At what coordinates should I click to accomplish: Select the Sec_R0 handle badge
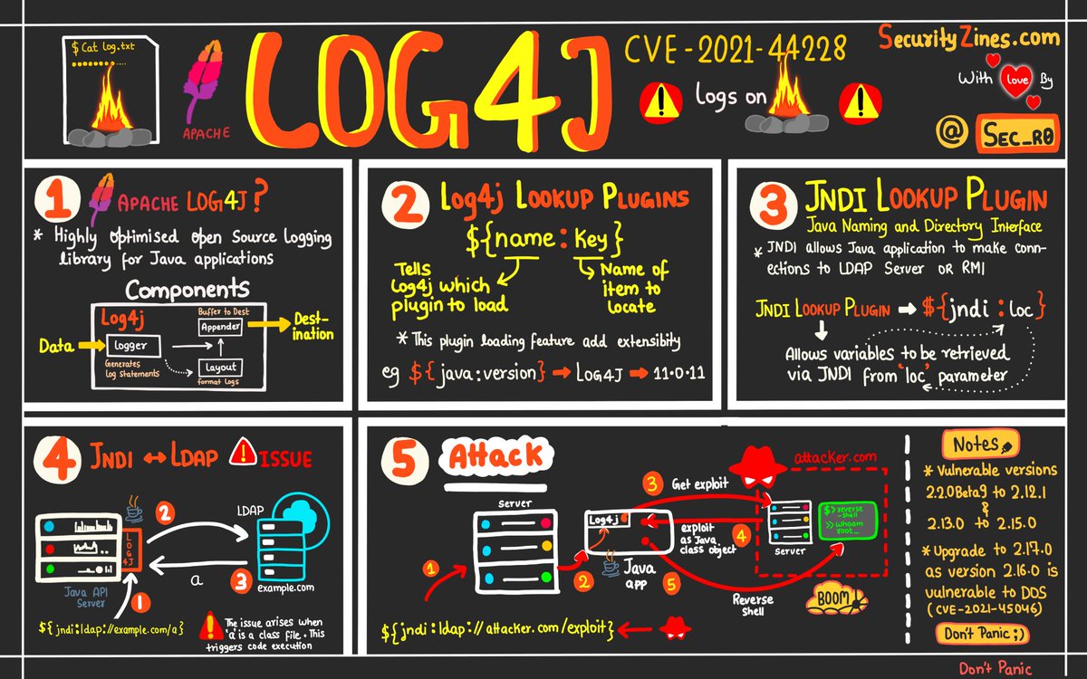coord(1017,133)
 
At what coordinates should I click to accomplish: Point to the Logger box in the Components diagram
coord(132,345)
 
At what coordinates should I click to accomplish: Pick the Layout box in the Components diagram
coord(220,368)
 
